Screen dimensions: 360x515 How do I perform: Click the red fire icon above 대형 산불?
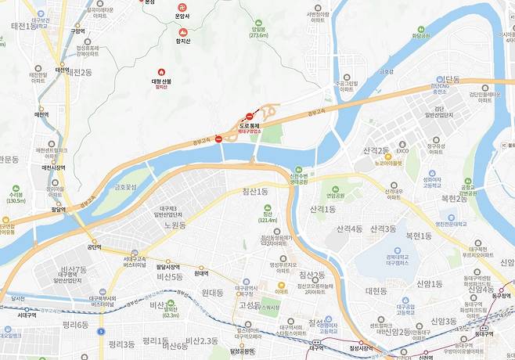tap(162, 71)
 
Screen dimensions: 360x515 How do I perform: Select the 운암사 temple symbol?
tap(182, 5)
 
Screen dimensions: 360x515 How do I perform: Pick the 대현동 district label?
tap(376, 290)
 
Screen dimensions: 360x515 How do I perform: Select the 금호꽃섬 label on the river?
tap(128, 187)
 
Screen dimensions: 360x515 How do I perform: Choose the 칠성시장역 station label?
tap(365, 347)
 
